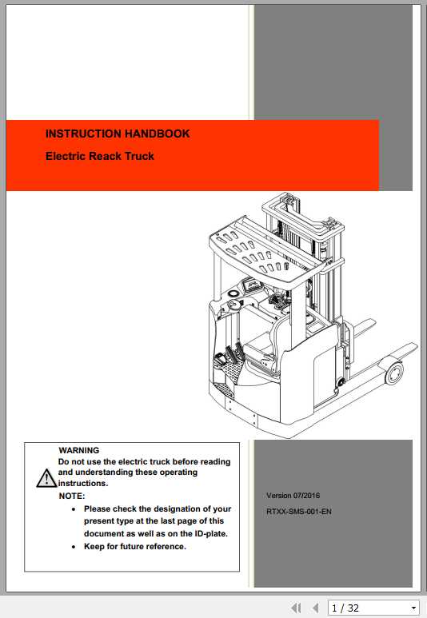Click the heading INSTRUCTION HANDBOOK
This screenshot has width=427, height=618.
click(118, 134)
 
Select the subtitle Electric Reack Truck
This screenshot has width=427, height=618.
click(100, 156)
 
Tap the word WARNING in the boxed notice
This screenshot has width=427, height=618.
click(79, 451)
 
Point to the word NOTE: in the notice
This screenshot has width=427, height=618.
click(72, 496)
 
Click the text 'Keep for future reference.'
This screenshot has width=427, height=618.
click(134, 547)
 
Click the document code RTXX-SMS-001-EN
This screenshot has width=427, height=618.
click(299, 512)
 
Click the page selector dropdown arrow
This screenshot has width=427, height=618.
click(413, 608)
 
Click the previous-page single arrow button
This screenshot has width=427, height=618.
click(315, 608)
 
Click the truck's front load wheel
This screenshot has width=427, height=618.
click(394, 373)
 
